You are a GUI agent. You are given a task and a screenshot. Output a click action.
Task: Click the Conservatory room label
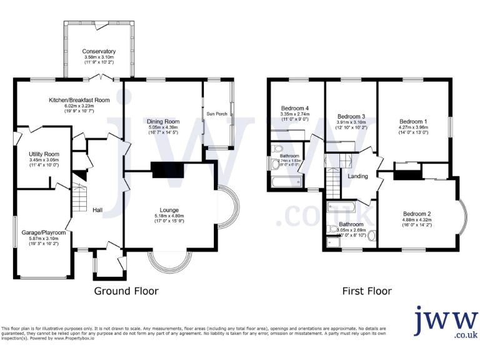[99, 51]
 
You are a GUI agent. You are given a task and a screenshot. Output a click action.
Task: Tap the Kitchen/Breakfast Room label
[79, 100]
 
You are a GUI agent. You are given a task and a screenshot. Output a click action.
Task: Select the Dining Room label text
[163, 121]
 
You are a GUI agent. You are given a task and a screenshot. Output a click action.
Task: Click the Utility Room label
[44, 154]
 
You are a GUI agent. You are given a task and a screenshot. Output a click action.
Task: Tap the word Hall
[97, 210]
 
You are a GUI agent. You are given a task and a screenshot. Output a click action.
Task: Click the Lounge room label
[169, 210]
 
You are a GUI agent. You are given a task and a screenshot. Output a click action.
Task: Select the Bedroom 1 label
[413, 121]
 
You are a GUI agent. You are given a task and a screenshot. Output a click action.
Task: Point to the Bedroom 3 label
[351, 117]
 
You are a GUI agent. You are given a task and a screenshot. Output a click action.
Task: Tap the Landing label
[358, 176]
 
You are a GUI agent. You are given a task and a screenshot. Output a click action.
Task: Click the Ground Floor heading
[126, 291]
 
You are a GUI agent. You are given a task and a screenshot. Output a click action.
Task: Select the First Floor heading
[367, 291]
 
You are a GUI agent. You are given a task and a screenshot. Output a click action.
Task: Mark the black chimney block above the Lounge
[165, 170]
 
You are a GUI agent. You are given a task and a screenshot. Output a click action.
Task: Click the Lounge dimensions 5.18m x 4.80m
[169, 216]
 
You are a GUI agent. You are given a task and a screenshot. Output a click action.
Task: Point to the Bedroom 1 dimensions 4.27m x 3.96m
[413, 127]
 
